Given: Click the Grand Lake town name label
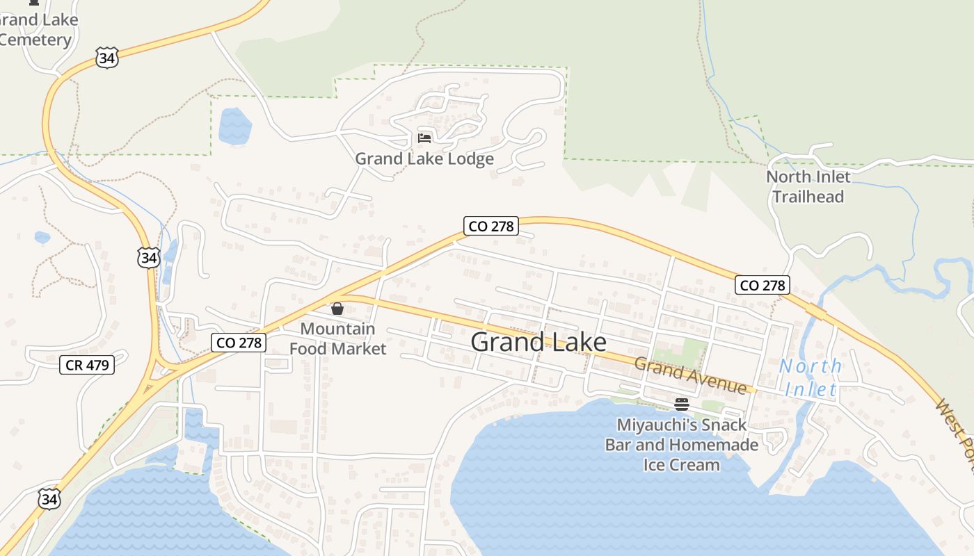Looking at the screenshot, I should click(x=538, y=342).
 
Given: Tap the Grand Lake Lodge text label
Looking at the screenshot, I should click(x=424, y=158).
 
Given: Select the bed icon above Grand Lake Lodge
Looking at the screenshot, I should click(x=424, y=138).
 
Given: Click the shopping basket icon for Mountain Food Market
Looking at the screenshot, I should click(x=337, y=308).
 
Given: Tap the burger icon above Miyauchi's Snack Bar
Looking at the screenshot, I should click(x=682, y=404).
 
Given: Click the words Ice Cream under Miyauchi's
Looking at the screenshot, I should click(x=681, y=465).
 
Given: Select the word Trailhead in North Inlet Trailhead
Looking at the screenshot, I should click(x=808, y=197).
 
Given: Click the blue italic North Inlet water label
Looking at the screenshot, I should click(x=811, y=377).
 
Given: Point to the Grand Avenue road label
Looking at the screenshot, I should click(x=691, y=375).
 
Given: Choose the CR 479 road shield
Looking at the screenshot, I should click(x=86, y=364).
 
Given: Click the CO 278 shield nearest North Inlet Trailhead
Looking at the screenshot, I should click(x=763, y=285).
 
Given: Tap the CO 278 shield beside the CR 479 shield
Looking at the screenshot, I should click(x=239, y=343).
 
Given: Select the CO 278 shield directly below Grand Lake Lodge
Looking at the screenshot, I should click(x=491, y=226).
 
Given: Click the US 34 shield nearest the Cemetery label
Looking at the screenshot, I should click(x=106, y=58).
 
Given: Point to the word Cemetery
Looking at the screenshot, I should click(x=35, y=40).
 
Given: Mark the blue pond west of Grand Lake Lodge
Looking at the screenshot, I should click(x=234, y=126).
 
